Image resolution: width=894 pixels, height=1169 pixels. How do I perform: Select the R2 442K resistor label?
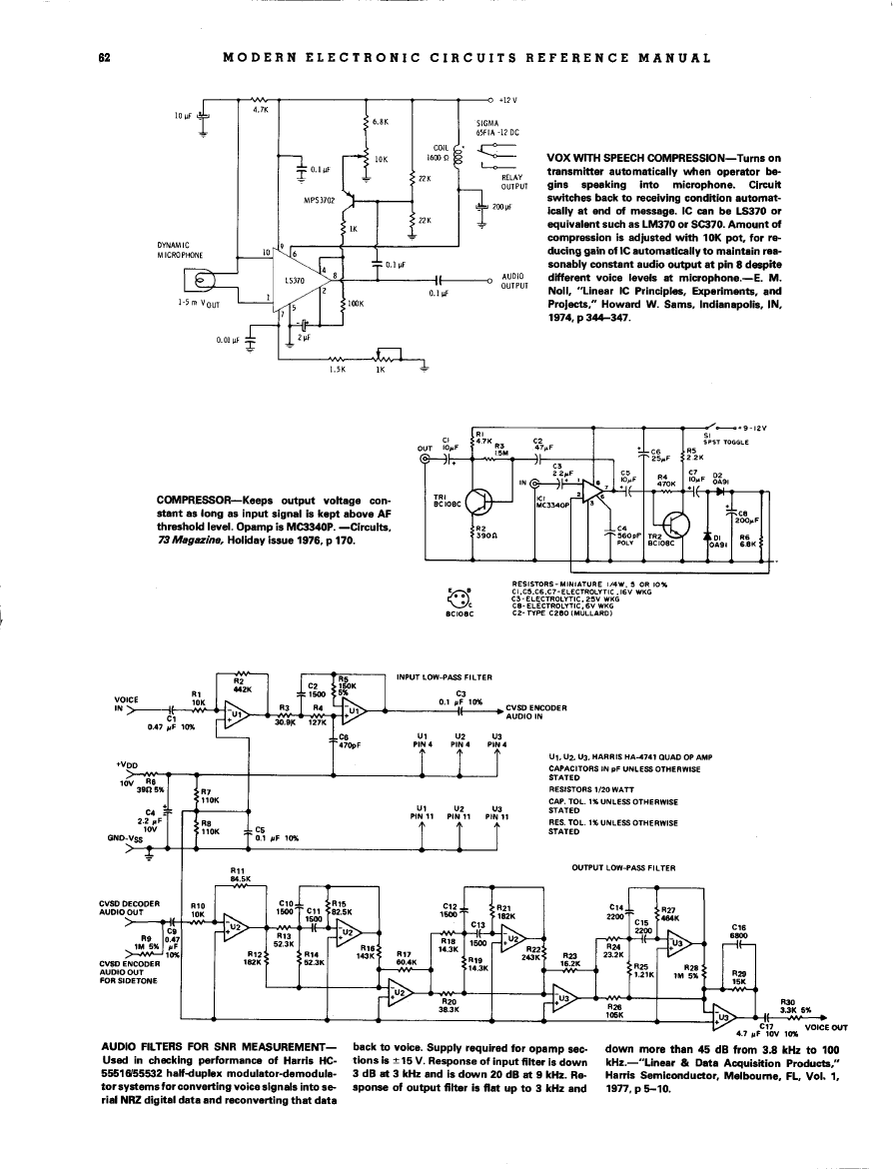pos(241,686)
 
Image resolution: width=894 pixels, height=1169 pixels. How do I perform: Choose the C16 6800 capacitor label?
pos(740,931)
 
